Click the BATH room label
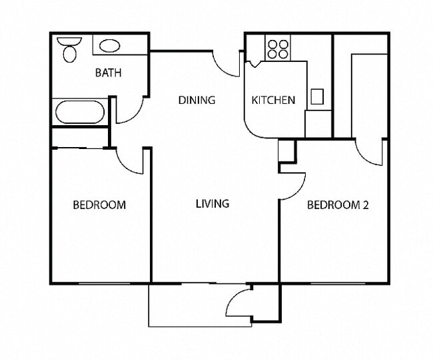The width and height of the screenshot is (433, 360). point(108,73)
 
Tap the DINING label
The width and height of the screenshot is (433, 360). point(197,100)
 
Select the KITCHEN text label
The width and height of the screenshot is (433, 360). point(272,100)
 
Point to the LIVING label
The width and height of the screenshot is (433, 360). point(213,204)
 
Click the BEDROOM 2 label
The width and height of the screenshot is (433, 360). point(337,205)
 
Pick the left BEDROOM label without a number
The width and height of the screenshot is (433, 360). point(99,205)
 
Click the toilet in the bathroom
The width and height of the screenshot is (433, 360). point(67,49)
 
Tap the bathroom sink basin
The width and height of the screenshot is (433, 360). point(110,46)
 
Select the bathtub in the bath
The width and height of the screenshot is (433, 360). point(80,112)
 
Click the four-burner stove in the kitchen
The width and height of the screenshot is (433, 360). point(278,49)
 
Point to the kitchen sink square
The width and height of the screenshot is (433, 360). point(317,96)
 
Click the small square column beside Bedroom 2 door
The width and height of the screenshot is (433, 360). point(286,151)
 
